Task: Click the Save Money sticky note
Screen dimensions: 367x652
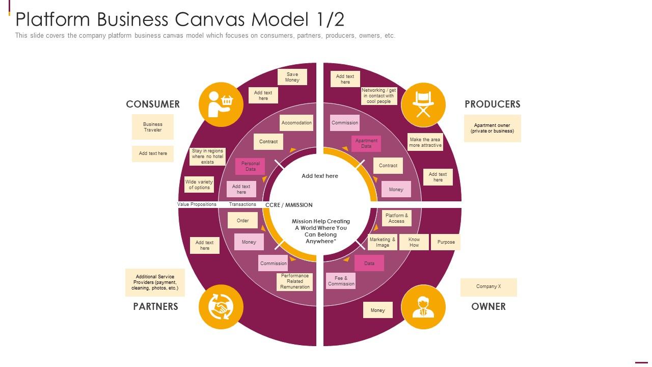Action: pyautogui.click(x=292, y=77)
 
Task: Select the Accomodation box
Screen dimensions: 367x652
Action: pyautogui.click(x=296, y=123)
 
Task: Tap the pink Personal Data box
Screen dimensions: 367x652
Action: pyautogui.click(x=250, y=166)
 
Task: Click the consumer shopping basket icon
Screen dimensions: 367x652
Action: pyautogui.click(x=220, y=104)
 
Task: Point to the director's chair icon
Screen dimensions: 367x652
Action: pyautogui.click(x=423, y=104)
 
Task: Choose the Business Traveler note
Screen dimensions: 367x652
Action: pyautogui.click(x=152, y=127)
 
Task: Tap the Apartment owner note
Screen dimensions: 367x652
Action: pyautogui.click(x=492, y=128)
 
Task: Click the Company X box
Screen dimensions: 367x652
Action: pyautogui.click(x=488, y=287)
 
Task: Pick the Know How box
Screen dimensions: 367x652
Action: pyautogui.click(x=414, y=242)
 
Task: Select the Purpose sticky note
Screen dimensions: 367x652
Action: pyautogui.click(x=446, y=242)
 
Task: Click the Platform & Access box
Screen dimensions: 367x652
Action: pyautogui.click(x=396, y=218)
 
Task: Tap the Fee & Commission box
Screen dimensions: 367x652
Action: pyautogui.click(x=341, y=281)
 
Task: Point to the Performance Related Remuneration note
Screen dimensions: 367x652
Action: pyautogui.click(x=294, y=281)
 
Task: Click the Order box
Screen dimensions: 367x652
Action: pyautogui.click(x=242, y=221)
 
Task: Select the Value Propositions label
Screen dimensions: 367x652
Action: pyautogui.click(x=197, y=204)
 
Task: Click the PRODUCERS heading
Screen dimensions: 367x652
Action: pyautogui.click(x=492, y=104)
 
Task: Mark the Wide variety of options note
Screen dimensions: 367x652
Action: pyautogui.click(x=199, y=185)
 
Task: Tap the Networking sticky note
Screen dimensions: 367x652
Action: pyautogui.click(x=378, y=96)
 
